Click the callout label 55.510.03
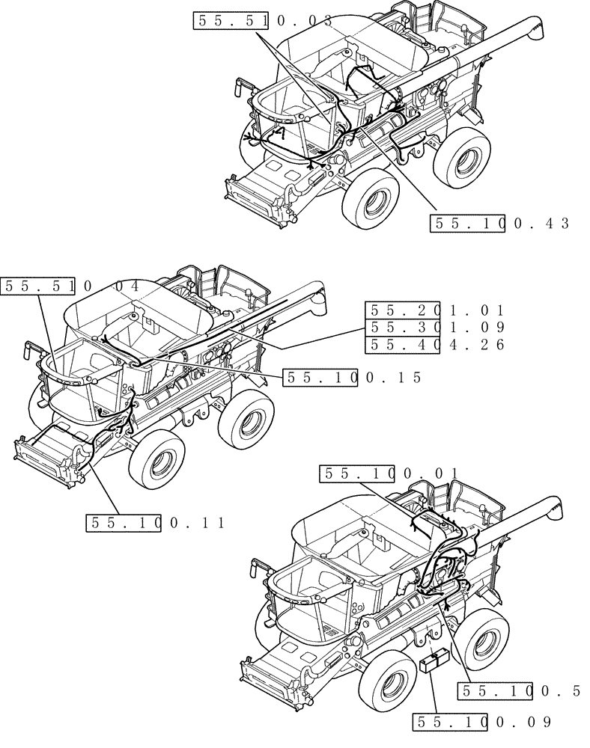[x=262, y=21]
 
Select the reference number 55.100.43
[x=500, y=223]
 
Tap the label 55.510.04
[x=71, y=286]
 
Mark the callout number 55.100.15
[x=353, y=378]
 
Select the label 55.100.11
[x=155, y=524]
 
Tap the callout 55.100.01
[x=389, y=473]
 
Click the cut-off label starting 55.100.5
[x=520, y=692]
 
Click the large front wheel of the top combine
[x=371, y=195]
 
